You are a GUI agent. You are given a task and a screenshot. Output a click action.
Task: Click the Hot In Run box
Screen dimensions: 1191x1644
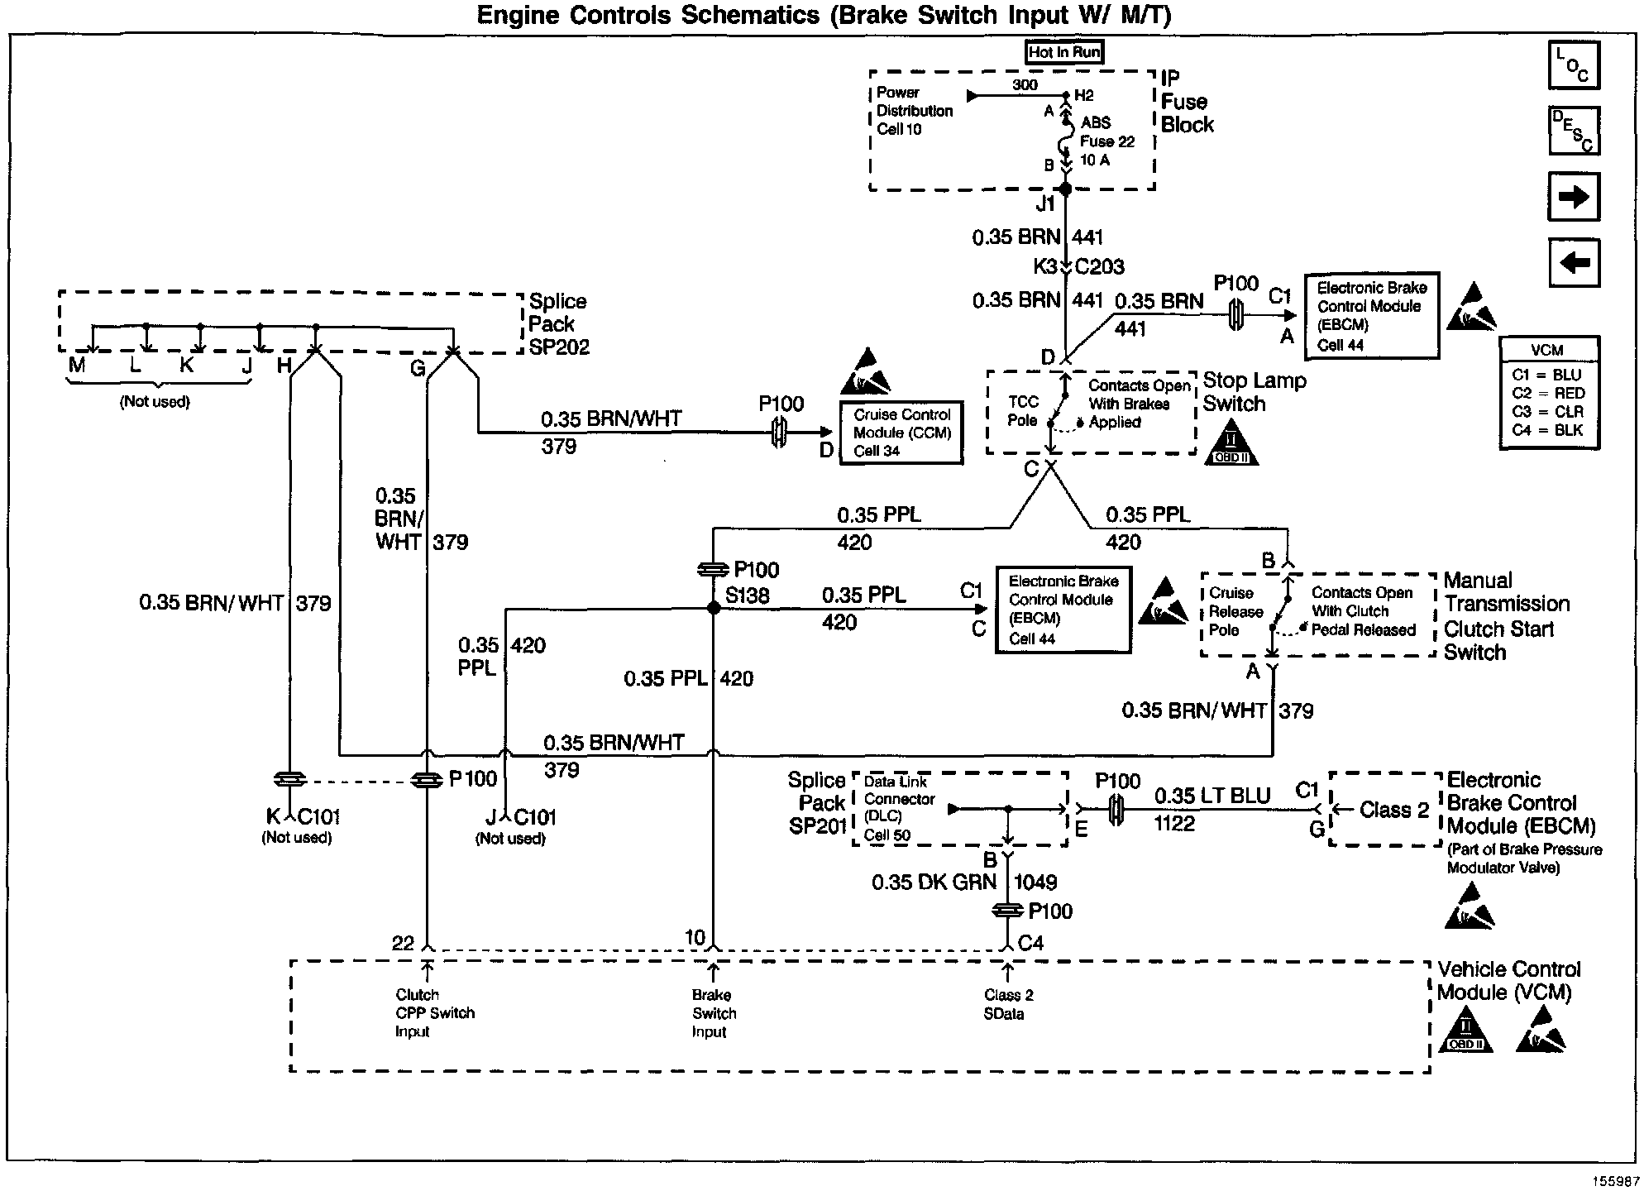tap(1064, 52)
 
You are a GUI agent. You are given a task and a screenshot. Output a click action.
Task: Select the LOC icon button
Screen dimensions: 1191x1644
tap(1574, 65)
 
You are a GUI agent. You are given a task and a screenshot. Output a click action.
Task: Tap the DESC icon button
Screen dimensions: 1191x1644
tap(1574, 131)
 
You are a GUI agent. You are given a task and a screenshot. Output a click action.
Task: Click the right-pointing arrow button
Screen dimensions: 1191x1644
tap(1574, 197)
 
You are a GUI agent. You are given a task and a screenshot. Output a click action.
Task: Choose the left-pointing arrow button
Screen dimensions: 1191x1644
tap(1574, 263)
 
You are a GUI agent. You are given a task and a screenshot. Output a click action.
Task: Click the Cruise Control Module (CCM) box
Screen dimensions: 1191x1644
tap(901, 433)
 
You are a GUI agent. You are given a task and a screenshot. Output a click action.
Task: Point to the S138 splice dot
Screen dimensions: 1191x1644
tap(714, 609)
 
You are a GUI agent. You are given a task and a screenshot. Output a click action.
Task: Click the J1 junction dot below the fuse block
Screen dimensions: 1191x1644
tap(1066, 189)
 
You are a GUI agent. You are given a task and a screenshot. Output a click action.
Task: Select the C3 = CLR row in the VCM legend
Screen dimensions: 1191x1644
tap(1547, 412)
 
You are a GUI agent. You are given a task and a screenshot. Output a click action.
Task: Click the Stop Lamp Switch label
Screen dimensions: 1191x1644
tap(1254, 392)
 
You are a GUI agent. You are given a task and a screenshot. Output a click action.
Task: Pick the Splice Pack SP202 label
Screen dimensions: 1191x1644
tap(558, 324)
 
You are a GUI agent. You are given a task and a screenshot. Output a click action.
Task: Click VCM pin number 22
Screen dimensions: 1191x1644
tap(403, 944)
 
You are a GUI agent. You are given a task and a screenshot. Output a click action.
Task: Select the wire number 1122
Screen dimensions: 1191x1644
tap(1174, 824)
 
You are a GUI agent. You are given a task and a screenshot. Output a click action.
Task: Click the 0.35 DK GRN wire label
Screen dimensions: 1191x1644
tap(934, 882)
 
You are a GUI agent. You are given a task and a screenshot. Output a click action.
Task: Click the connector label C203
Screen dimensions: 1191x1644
tap(1100, 267)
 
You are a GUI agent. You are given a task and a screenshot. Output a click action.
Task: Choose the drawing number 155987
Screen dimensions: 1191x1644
tap(1616, 1181)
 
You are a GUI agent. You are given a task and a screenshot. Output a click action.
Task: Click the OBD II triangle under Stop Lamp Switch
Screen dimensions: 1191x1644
tap(1231, 444)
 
